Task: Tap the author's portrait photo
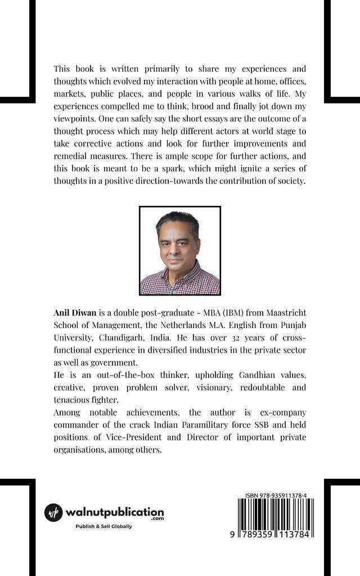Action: coord(180,250)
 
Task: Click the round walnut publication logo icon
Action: coord(53,512)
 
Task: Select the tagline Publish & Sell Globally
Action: coord(103,526)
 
